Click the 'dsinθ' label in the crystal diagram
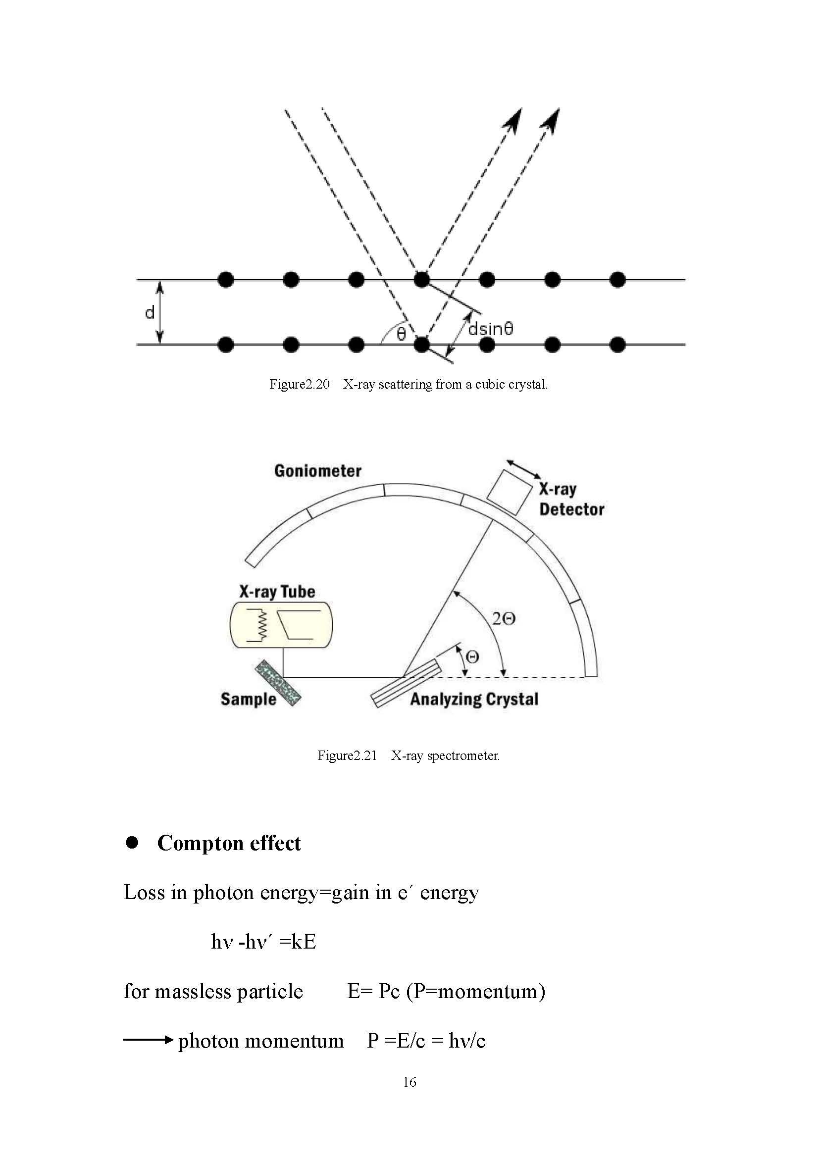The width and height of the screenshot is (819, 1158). point(490,329)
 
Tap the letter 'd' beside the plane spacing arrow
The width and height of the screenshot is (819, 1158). point(150,313)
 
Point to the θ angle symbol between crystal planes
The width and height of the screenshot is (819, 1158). point(401,334)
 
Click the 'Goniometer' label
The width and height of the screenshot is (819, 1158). point(318,470)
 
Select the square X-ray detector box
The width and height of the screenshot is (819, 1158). point(510,492)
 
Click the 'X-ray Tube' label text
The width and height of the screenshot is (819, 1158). point(277,591)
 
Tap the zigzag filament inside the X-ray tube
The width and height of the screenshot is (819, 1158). point(261,625)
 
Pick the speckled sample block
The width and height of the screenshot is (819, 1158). point(278,683)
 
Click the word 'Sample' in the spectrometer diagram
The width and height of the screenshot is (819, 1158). point(248,699)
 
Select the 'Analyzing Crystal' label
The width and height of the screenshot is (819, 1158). point(474,699)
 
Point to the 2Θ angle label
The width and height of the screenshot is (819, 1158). point(503,618)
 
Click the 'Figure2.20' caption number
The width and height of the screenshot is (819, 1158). point(299,384)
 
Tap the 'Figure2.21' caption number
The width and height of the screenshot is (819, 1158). point(347,755)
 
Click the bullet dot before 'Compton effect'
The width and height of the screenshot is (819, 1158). point(132,842)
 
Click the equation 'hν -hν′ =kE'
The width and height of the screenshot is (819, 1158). point(263,941)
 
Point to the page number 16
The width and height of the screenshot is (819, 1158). point(409,1082)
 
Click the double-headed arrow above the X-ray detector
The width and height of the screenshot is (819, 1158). point(524,469)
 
